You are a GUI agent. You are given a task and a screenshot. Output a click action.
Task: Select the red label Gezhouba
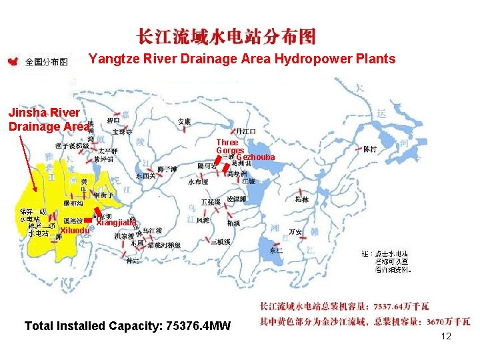(255, 157)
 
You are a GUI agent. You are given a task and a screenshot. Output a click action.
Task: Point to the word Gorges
(229, 151)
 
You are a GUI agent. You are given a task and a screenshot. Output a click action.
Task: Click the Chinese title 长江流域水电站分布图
(226, 37)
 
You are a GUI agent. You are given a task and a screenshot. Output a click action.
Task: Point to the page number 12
(446, 336)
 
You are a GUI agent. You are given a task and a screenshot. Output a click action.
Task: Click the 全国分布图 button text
(47, 62)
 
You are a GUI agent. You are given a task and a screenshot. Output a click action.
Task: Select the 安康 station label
(185, 121)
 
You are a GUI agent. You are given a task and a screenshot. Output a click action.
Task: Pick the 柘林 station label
(301, 199)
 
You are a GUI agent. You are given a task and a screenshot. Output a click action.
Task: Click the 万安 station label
(295, 232)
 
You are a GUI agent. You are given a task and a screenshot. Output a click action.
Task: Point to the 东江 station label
(276, 251)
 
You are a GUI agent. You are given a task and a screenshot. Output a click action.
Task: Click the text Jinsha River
(43, 113)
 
